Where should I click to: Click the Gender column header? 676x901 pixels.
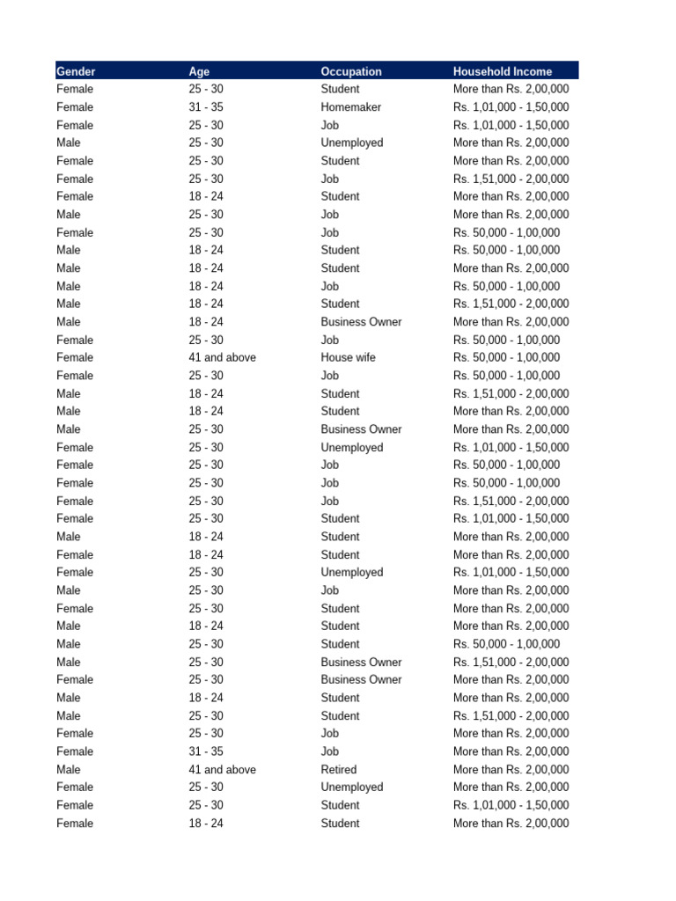[76, 71]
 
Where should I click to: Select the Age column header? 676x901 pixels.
[199, 71]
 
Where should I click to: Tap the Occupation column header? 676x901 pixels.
[351, 71]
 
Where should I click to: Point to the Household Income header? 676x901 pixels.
[503, 71]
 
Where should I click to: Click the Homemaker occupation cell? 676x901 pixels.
[350, 107]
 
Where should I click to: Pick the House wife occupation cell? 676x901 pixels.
[348, 357]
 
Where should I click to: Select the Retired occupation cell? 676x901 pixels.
[339, 769]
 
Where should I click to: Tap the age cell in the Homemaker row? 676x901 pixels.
[206, 107]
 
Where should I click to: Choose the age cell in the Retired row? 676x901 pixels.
[222, 769]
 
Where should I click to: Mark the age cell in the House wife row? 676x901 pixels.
[222, 357]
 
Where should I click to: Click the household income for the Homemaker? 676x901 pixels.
[511, 107]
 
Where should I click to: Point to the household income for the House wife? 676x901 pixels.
[506, 357]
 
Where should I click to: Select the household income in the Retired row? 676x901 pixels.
[511, 769]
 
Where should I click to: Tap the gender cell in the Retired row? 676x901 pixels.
[68, 769]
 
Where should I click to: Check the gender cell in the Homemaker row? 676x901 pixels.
[75, 107]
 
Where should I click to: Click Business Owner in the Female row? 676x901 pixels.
[361, 679]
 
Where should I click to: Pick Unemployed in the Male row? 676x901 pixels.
[351, 143]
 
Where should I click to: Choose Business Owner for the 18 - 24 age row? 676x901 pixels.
[361, 322]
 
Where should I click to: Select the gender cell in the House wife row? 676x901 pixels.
[75, 357]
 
